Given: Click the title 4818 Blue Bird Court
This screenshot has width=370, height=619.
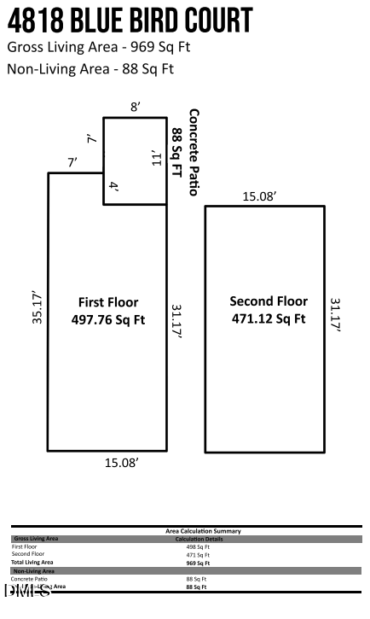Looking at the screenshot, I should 130,20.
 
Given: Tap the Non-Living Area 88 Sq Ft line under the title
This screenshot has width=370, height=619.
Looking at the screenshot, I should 90,69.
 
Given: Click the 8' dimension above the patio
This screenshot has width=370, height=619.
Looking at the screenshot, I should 135,107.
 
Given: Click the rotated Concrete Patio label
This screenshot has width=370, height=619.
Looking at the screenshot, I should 186,151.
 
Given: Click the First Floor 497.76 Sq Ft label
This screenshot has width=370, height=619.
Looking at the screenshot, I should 108,311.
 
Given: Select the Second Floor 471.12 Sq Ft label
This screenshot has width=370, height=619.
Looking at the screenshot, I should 269,310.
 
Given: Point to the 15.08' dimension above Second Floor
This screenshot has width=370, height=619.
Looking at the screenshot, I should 259,196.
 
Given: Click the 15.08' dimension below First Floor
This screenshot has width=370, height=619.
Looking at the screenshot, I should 122,462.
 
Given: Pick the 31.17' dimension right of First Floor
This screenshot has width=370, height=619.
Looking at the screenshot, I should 177,322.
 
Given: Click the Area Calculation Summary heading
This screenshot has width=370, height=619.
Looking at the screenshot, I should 203,531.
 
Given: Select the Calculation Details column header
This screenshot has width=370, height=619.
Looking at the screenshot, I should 199,539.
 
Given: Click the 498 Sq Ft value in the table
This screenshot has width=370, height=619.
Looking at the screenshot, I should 198,546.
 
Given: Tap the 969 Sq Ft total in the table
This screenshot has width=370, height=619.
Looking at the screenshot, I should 198,563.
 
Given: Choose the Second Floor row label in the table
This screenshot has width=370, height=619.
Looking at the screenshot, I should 28,554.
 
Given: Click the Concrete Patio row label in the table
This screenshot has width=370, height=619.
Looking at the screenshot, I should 30,579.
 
